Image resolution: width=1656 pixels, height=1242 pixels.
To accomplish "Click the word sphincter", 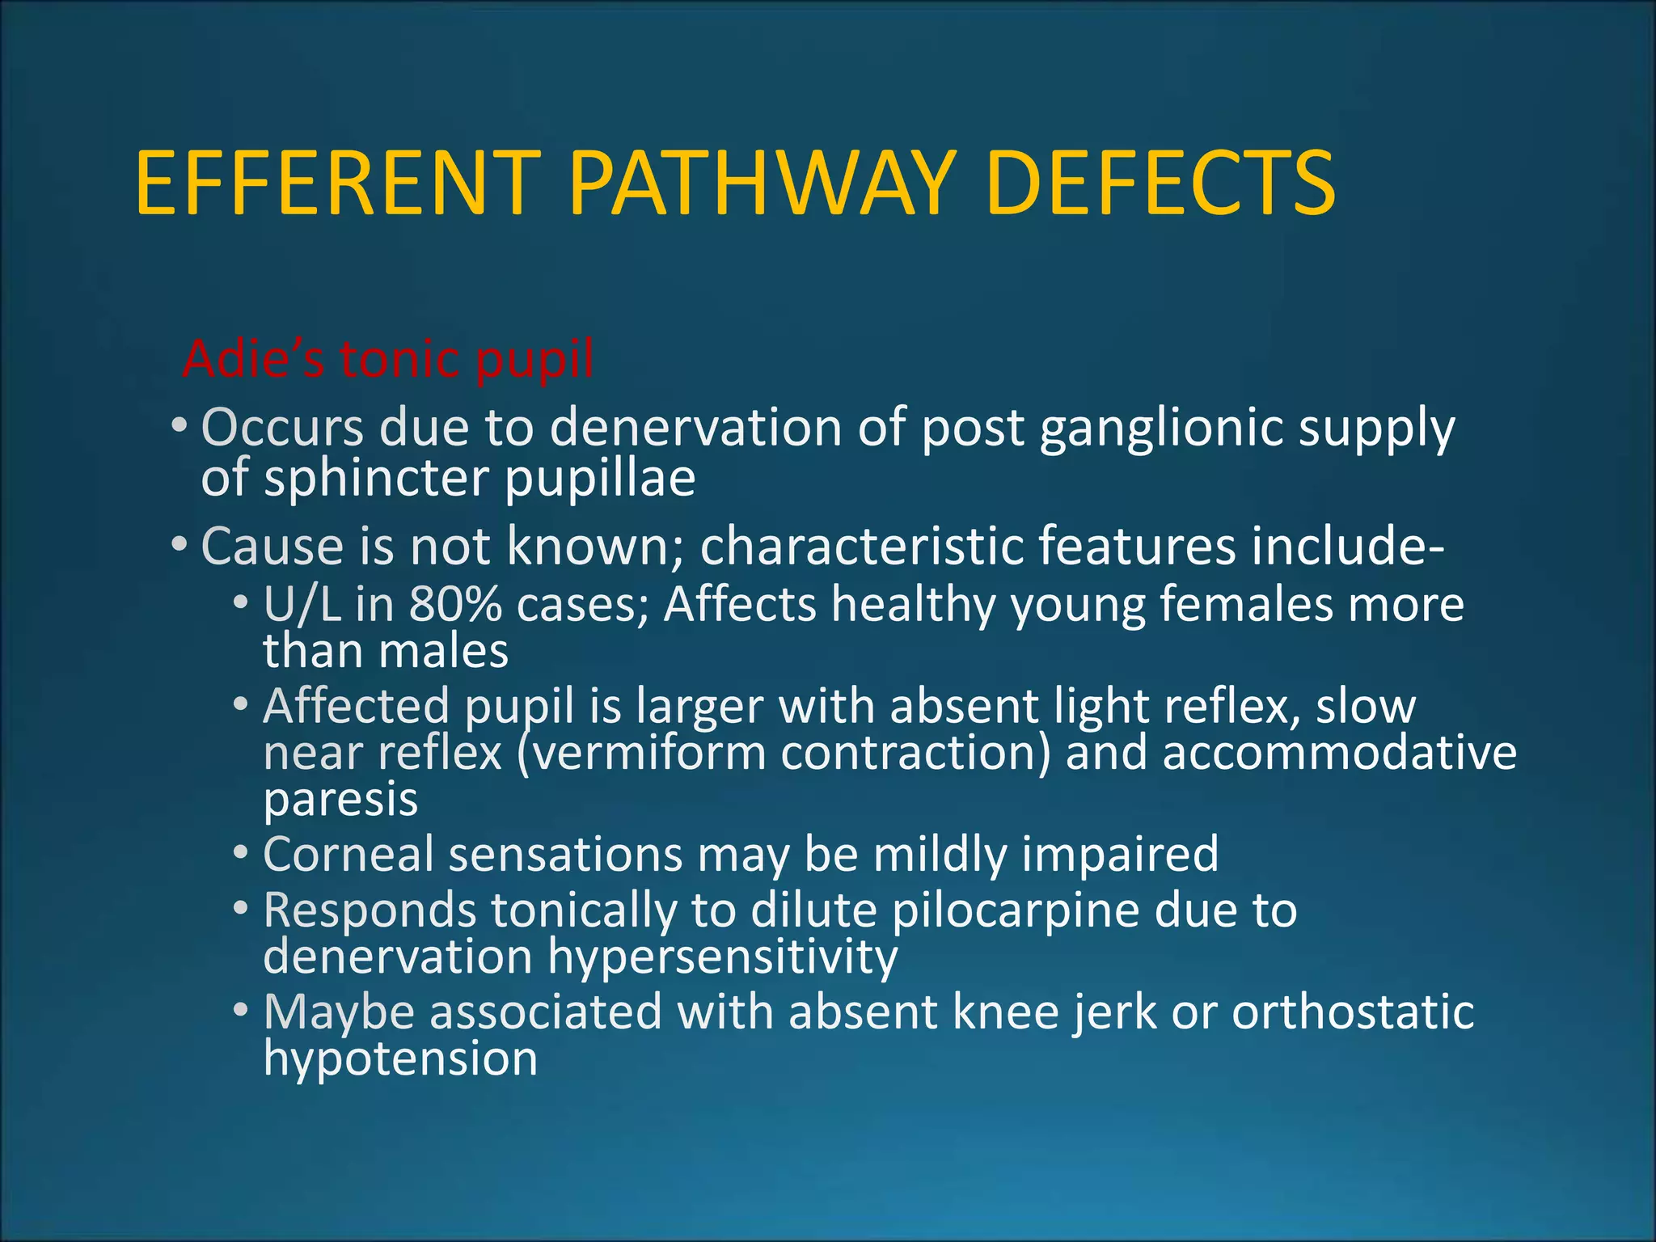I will click(x=376, y=479).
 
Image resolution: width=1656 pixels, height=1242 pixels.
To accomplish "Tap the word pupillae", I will click(x=600, y=479).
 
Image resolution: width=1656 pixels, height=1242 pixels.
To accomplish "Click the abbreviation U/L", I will click(x=302, y=604).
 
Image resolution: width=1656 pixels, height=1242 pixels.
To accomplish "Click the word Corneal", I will click(x=349, y=854).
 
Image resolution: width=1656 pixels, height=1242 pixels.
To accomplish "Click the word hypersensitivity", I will click(x=723, y=957).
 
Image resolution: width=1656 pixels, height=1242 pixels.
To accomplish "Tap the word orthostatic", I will click(x=1353, y=1012).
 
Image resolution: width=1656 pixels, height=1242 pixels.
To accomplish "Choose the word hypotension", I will click(x=400, y=1058).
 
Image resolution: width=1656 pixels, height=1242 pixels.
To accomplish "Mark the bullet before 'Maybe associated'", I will click(x=240, y=1012).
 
